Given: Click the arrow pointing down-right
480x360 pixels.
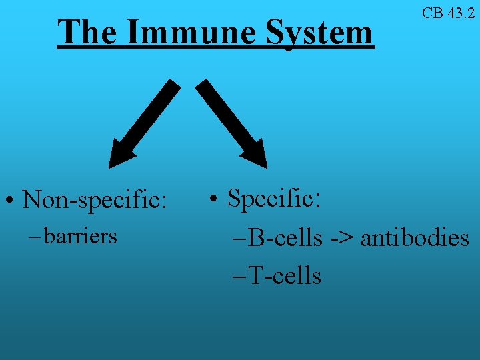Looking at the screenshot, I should (x=233, y=123).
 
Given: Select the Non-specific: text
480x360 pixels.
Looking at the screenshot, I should (x=94, y=199).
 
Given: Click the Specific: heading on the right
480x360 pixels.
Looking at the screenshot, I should (x=274, y=198).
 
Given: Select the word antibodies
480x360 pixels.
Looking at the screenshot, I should (x=415, y=238).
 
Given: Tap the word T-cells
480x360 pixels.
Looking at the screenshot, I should (x=285, y=275).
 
